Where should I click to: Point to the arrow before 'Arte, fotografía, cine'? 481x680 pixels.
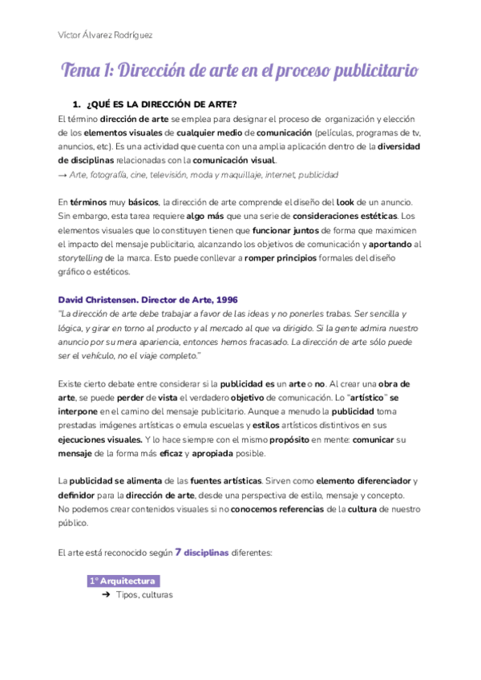[x=63, y=174]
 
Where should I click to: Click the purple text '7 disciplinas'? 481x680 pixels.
[x=202, y=552]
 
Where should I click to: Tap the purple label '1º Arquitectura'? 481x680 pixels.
[x=123, y=581]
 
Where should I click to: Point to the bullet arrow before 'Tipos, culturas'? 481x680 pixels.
[x=106, y=595]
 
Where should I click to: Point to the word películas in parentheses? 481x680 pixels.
[x=340, y=132]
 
